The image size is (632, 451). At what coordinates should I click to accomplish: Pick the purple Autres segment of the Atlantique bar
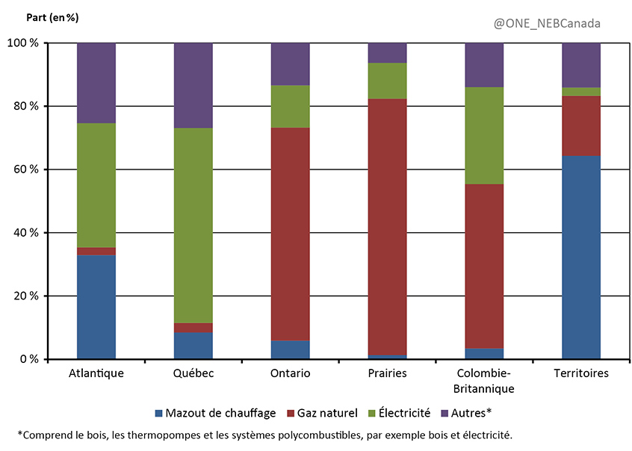(96, 83)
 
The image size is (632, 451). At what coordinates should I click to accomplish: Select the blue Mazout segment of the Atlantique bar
(96, 306)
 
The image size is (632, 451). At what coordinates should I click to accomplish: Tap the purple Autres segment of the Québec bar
(193, 85)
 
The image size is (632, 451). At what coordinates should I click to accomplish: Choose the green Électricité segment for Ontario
(290, 106)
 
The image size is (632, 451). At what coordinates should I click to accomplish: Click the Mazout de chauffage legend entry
(215, 413)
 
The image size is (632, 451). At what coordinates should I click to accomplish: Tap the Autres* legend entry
(468, 413)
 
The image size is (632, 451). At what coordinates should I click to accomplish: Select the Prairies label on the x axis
(387, 373)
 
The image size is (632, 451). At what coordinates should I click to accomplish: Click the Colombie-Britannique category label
(483, 381)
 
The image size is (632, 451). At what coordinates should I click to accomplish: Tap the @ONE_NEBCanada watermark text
(547, 23)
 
